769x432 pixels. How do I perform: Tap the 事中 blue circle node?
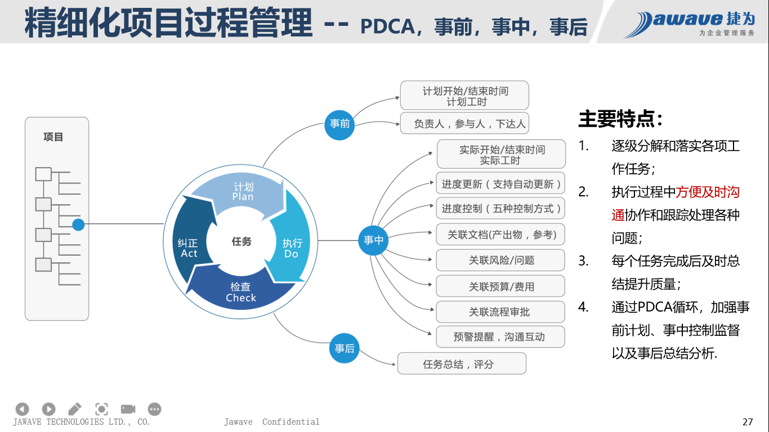pyautogui.click(x=373, y=241)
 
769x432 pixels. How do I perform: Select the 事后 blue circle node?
pyautogui.click(x=344, y=349)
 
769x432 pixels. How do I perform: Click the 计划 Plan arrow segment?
pyautogui.click(x=243, y=192)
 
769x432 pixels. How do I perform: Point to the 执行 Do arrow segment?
pyautogui.click(x=292, y=248)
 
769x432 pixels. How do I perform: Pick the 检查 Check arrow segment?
pyautogui.click(x=241, y=292)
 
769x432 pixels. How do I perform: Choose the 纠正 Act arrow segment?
pyautogui.click(x=189, y=248)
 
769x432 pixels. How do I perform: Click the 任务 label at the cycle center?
pyautogui.click(x=242, y=242)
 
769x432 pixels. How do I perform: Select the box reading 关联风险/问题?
pyautogui.click(x=500, y=260)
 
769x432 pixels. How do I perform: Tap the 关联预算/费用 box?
pyautogui.click(x=500, y=286)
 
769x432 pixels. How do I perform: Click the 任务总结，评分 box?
pyautogui.click(x=462, y=364)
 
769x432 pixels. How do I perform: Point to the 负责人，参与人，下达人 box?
pyautogui.click(x=464, y=124)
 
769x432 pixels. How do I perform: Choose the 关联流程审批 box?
pyautogui.click(x=500, y=312)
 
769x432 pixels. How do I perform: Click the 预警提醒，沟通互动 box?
pyautogui.click(x=500, y=337)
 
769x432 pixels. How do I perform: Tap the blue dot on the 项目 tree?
pyautogui.click(x=78, y=225)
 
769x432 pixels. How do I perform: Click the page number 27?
pyautogui.click(x=748, y=422)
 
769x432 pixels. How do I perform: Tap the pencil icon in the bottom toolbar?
pyautogui.click(x=74, y=409)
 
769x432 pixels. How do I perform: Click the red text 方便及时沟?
pyautogui.click(x=708, y=192)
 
